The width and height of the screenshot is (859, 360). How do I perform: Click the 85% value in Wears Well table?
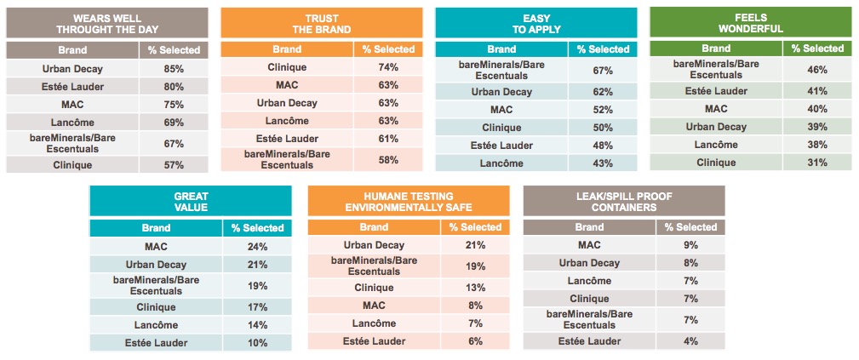click(173, 68)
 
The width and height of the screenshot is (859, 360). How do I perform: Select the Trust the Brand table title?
click(321, 23)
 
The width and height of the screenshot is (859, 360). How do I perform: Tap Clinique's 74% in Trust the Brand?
click(387, 67)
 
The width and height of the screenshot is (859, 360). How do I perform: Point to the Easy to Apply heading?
click(535, 23)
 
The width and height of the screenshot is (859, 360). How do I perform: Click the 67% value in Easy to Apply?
click(603, 70)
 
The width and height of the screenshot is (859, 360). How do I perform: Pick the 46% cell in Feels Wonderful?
click(817, 70)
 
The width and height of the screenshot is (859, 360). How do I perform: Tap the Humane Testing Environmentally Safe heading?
click(409, 202)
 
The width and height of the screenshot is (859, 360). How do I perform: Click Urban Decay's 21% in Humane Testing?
click(475, 245)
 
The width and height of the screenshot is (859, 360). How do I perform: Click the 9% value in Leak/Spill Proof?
click(690, 245)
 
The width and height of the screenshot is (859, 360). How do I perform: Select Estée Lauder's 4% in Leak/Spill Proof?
click(690, 341)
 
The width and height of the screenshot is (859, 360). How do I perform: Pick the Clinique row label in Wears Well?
click(72, 165)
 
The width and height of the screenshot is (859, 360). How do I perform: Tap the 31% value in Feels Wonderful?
click(817, 163)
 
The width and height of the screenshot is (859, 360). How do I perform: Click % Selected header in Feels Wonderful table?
click(817, 49)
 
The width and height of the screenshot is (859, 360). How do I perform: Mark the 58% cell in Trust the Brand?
click(387, 159)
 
